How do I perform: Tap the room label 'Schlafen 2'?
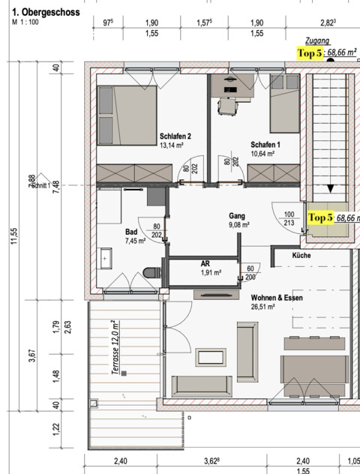point(175,136)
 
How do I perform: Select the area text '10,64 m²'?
point(262,154)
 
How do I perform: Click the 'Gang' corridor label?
point(237,215)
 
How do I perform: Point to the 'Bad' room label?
point(131,232)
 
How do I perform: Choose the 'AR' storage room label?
point(205,264)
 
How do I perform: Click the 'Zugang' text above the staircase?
point(317,43)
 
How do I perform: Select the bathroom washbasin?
point(104,260)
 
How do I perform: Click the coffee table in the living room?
point(210,357)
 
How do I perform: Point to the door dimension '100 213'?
point(289,218)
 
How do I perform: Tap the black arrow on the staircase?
point(331,189)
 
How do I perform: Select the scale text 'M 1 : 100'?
point(26,22)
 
